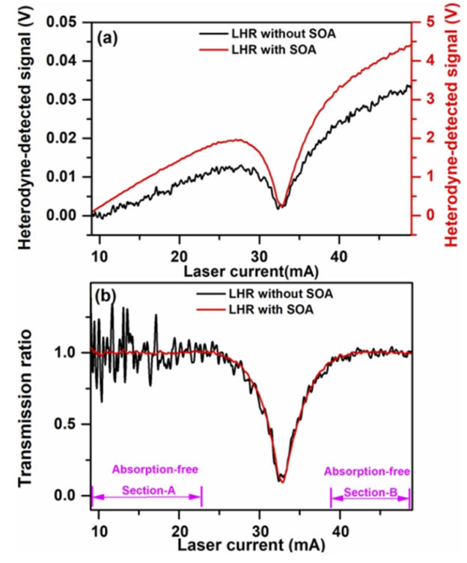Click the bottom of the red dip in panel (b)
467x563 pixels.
pyautogui.click(x=281, y=481)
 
